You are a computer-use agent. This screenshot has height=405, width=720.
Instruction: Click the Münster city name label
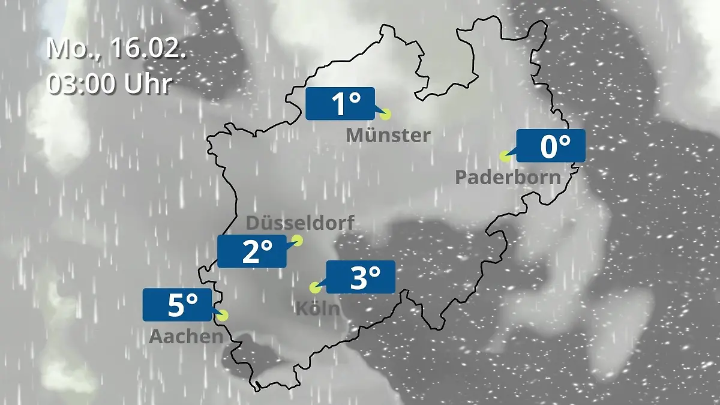point(388,136)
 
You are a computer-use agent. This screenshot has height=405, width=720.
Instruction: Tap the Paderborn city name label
point(508,177)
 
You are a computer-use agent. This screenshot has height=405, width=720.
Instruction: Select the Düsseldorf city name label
point(300,223)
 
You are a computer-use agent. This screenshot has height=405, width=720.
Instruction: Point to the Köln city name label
point(317,309)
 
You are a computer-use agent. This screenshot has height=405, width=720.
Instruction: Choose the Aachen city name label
point(186,337)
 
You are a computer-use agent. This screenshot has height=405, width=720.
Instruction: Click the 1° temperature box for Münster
point(340,104)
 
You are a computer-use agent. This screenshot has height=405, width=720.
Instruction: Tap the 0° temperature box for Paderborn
point(550,146)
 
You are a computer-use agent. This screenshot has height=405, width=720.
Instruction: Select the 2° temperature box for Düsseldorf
point(252,251)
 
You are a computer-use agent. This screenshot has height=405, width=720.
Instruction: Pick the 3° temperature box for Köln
point(360,277)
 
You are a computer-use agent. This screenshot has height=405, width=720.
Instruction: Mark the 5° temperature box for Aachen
point(178,305)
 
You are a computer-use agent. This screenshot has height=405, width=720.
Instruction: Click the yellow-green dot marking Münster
point(385,114)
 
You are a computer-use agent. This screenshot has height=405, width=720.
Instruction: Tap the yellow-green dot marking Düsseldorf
point(296,241)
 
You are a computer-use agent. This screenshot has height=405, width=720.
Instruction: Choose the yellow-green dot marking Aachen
point(223,315)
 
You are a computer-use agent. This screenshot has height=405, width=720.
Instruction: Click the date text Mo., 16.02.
point(116,49)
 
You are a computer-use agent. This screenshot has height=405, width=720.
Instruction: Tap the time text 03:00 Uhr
point(109,83)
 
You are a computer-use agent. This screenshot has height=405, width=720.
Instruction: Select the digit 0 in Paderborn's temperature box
point(548,146)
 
